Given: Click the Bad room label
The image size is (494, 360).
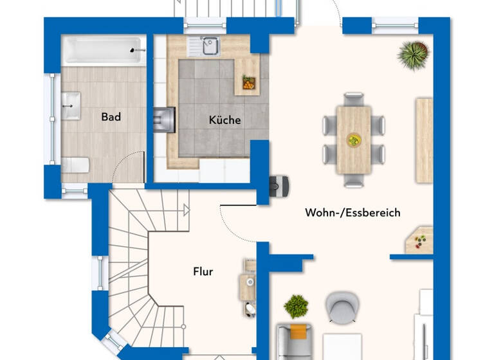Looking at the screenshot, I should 111,117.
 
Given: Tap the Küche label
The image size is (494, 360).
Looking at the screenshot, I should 224,120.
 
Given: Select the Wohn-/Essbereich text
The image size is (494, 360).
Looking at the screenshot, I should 352,212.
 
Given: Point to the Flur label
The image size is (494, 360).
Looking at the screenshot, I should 203,271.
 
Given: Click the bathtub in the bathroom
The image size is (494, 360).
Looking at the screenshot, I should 103,51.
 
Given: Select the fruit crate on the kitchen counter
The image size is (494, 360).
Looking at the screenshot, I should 248,82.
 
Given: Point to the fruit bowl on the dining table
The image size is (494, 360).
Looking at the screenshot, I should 354,139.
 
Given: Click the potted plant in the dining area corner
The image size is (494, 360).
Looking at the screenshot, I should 412,55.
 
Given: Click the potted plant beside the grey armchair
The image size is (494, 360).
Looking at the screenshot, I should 297,306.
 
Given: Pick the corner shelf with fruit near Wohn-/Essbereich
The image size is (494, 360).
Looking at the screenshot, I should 420,240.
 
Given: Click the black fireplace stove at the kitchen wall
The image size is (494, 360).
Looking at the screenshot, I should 279,185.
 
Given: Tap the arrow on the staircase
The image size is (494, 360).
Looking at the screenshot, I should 187,208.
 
